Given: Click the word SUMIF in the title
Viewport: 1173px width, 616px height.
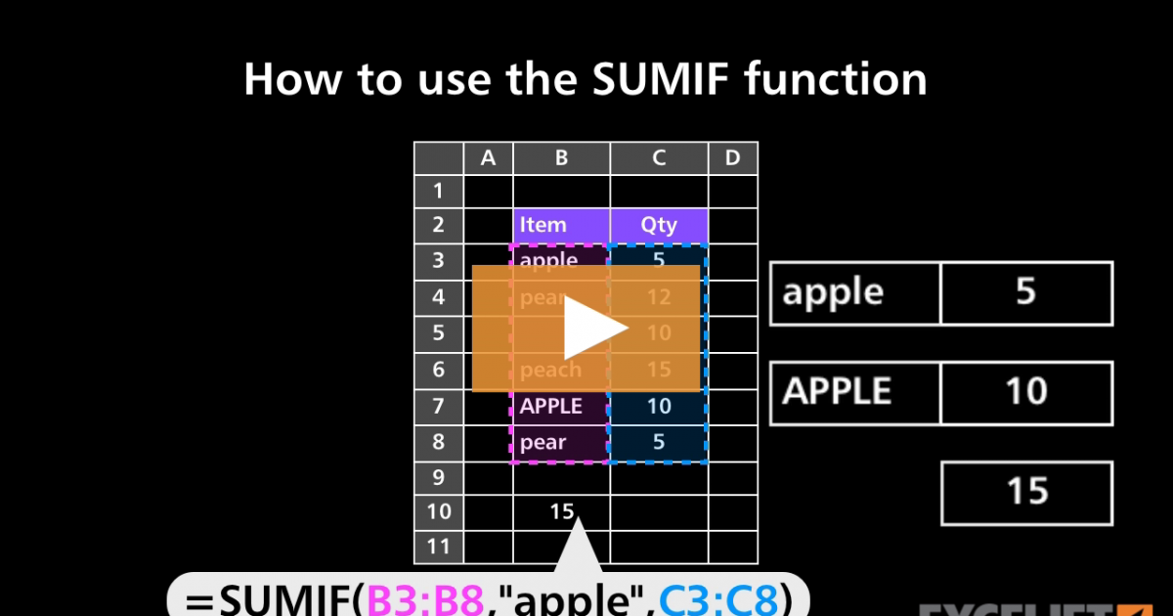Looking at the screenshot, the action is coord(651,79).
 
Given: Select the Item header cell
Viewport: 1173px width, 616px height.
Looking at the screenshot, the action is coord(561,225).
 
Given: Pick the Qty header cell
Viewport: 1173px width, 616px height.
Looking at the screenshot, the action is coord(659,225).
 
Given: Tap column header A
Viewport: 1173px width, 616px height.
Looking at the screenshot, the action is coord(489,157).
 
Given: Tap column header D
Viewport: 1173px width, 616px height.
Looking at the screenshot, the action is coord(732,157).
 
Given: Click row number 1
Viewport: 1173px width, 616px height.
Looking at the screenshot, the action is coord(438,190).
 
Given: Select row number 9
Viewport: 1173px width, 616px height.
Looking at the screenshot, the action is coord(438,478).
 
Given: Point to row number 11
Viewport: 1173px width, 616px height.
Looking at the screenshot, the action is coord(438,547).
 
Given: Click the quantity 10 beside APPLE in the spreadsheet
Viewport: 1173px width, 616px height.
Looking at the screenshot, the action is coord(659,406).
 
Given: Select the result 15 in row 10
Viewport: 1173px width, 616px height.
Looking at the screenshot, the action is coord(561,511).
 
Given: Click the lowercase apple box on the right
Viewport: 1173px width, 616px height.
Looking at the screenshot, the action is coord(854,292).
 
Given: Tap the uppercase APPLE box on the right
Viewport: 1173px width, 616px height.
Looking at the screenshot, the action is coord(854,392).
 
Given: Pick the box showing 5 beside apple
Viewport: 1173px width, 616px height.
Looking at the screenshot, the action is coord(1026,292).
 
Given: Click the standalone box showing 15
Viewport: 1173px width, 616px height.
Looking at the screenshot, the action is coord(1026,492).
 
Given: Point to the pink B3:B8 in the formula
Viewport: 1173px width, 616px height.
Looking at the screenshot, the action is coord(424,597).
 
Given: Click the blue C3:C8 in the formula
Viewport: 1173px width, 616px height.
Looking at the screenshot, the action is coord(717,597).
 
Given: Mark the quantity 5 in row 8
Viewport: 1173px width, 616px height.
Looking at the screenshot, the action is coord(659,442).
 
